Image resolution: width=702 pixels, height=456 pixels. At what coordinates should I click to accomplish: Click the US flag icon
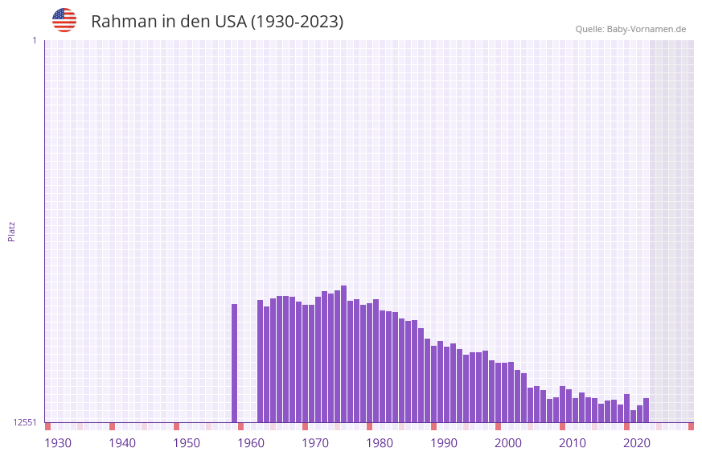click(64, 20)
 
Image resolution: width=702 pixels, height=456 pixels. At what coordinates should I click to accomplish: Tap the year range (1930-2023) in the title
click(297, 22)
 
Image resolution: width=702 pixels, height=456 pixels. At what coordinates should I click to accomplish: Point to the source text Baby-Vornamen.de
click(646, 29)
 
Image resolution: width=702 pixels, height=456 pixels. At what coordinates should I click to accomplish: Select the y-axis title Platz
click(11, 231)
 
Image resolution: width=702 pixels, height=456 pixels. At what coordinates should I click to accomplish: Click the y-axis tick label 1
click(35, 40)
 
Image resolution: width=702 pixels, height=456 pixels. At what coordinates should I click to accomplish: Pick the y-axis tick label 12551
click(25, 422)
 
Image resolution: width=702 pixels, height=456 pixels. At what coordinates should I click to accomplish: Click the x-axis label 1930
click(58, 443)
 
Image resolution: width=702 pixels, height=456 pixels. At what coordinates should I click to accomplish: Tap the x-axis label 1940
click(122, 443)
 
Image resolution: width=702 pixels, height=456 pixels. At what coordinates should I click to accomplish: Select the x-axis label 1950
click(187, 443)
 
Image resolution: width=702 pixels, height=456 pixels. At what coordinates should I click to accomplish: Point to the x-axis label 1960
click(251, 443)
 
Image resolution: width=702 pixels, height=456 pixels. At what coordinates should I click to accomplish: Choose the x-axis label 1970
click(315, 443)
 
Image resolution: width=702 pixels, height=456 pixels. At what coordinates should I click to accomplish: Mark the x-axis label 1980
click(380, 443)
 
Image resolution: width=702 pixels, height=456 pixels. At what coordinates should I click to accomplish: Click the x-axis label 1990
click(444, 443)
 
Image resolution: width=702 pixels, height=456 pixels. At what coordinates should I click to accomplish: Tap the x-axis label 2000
click(508, 443)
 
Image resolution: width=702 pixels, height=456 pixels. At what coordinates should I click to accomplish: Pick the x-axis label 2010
click(573, 443)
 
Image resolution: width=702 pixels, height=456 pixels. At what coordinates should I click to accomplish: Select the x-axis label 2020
click(637, 443)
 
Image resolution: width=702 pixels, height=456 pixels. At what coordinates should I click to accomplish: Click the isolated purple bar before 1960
click(235, 363)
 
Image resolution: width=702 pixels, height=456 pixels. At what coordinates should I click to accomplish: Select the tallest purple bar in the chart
click(344, 354)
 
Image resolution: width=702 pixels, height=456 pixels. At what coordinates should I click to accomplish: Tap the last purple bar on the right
click(647, 410)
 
